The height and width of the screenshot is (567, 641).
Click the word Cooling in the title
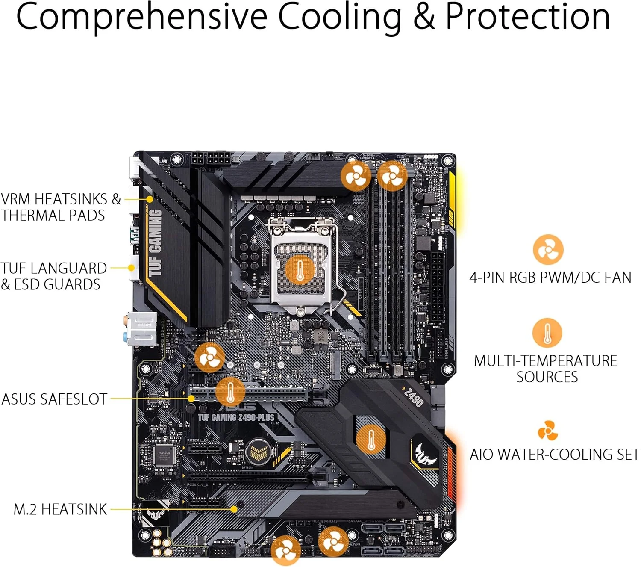tap(340, 17)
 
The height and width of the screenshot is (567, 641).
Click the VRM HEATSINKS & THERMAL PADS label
tap(60, 207)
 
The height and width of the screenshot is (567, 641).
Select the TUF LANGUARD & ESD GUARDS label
tap(53, 276)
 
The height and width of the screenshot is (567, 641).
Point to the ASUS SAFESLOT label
tap(54, 399)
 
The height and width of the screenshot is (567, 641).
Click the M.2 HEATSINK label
tap(60, 509)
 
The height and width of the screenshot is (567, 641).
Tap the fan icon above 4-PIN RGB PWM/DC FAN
tap(548, 250)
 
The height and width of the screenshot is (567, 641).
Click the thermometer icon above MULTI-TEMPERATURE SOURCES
tap(547, 333)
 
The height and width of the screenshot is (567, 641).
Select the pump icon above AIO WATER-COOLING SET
tap(547, 430)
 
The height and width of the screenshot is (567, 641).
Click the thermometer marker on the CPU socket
tap(300, 270)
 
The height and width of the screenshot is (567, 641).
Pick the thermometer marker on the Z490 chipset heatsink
tap(371, 439)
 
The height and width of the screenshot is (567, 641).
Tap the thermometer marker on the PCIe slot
tap(230, 392)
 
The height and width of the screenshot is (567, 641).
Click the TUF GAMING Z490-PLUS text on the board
tap(236, 417)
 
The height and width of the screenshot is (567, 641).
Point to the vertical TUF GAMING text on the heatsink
tap(155, 242)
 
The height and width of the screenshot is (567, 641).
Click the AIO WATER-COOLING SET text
tap(555, 454)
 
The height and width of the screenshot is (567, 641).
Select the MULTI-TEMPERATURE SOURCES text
tap(546, 369)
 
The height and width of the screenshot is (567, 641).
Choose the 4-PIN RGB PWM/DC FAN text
tap(550, 278)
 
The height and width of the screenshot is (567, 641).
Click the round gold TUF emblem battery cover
tap(257, 451)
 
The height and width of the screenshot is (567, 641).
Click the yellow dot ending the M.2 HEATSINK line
tap(234, 509)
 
